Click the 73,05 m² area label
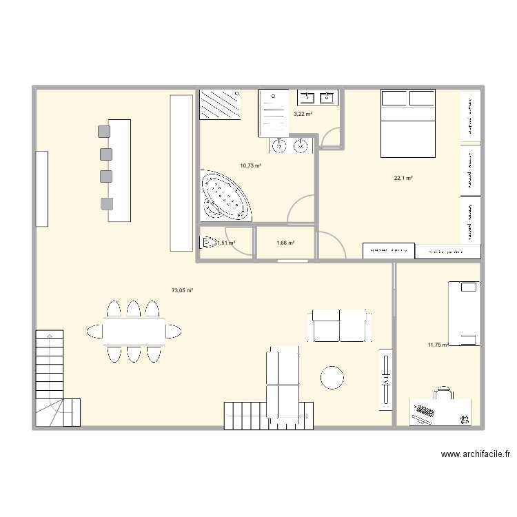(182, 290)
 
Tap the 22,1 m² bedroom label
(403, 179)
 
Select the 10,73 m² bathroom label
(250, 165)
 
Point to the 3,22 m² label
(303, 114)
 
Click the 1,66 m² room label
(285, 243)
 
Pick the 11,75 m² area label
(438, 345)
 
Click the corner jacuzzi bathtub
(225, 197)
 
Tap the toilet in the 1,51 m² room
(209, 242)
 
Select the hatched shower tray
(221, 105)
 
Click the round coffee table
(332, 377)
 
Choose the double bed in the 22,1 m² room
(407, 123)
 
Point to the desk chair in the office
(443, 392)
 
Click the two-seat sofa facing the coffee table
(340, 325)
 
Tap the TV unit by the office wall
(385, 380)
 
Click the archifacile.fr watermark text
(476, 454)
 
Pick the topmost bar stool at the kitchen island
(104, 130)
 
